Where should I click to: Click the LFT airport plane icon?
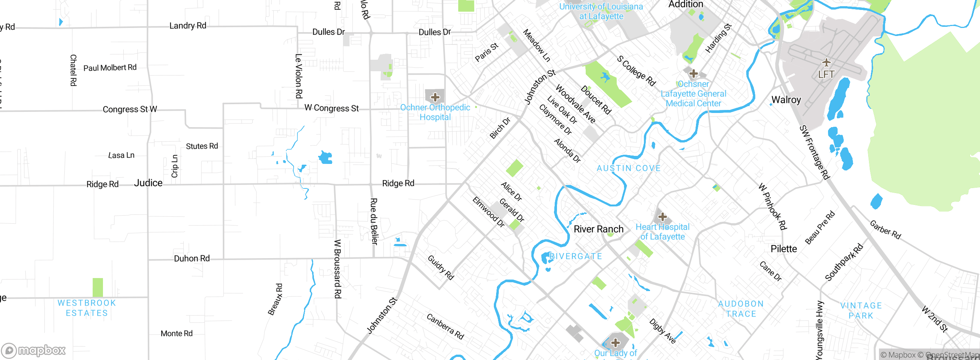coord(826,62)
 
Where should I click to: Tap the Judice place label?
coord(148,183)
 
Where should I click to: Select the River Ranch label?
coord(598,229)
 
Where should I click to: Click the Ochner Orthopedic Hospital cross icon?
coord(435,97)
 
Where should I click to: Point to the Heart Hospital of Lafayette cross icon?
coord(662,217)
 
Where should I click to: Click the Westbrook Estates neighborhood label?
coord(87,308)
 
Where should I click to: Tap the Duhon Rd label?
coord(192,259)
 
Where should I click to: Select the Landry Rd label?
coord(188,26)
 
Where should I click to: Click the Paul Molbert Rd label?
coord(110,68)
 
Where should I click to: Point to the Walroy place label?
coord(786,100)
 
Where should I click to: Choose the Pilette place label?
coord(784,249)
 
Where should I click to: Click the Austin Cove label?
coord(629,168)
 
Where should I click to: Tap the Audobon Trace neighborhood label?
coord(741,309)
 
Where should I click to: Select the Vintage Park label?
coord(861,311)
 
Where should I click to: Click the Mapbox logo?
coord(34,350)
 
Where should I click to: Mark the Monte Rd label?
coord(176,334)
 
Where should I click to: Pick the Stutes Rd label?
coord(202,146)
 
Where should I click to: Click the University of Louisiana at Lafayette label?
coord(601,11)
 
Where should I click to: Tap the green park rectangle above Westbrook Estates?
coord(98,287)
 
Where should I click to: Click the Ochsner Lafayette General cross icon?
coord(693,73)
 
